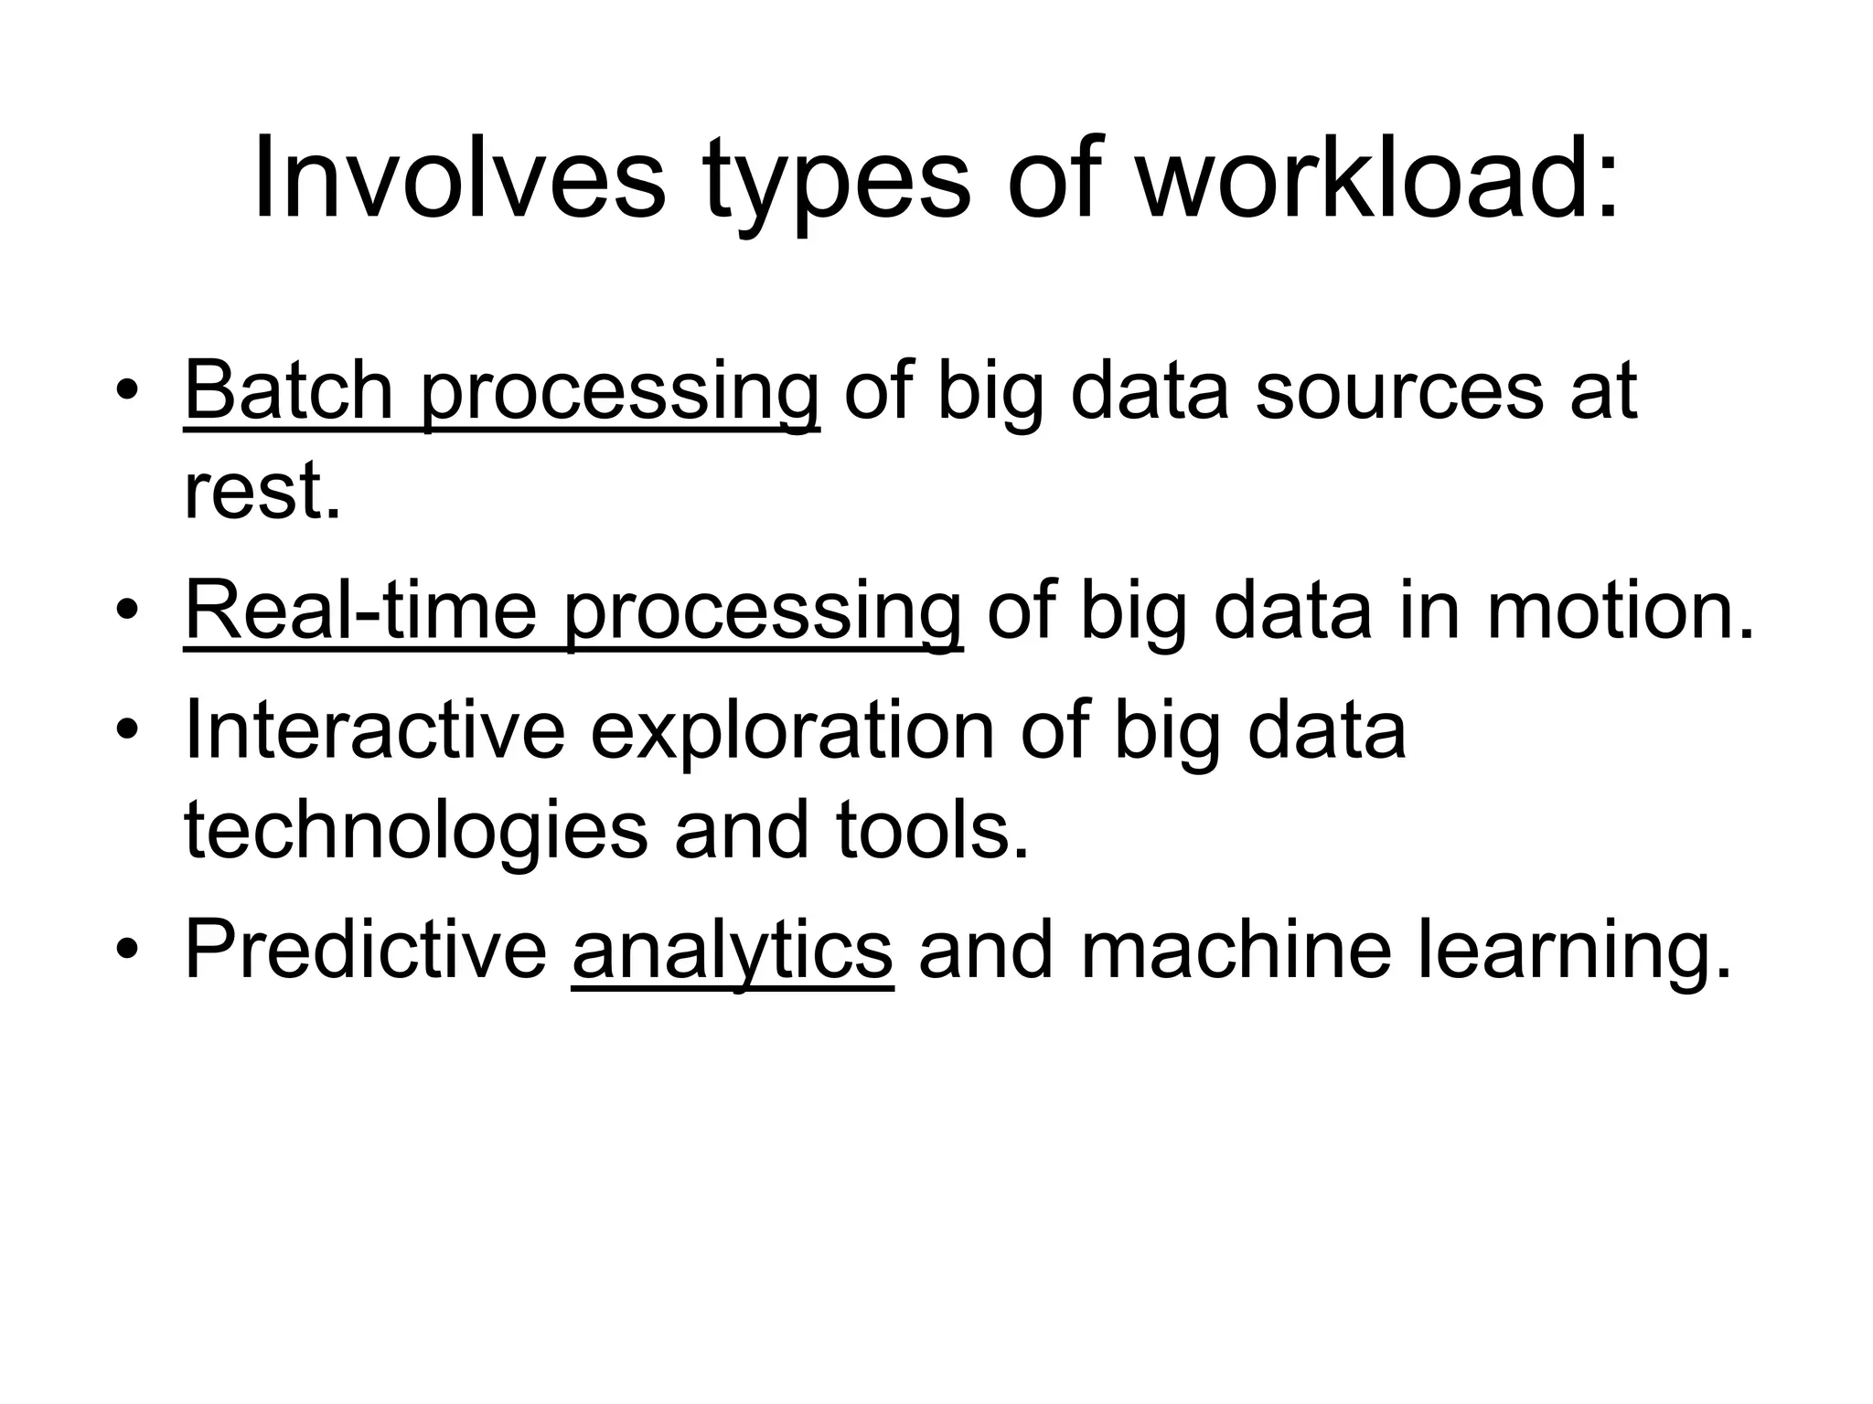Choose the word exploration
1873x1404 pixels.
pyautogui.click(x=792, y=731)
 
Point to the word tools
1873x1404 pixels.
pyautogui.click(x=933, y=830)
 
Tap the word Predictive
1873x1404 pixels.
pyautogui.click(x=366, y=951)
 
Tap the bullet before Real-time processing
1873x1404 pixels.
pyautogui.click(x=128, y=612)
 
